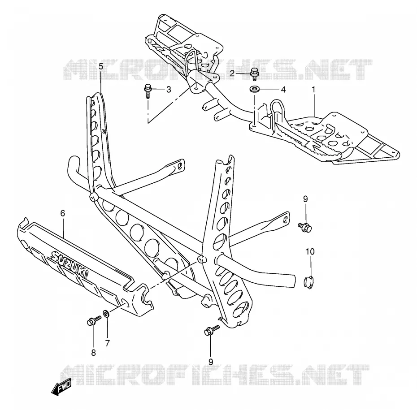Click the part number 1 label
(313, 90)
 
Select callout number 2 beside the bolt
(232, 73)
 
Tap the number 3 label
(169, 90)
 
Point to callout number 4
(283, 90)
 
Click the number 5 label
(101, 66)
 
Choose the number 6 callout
(63, 213)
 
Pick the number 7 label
(108, 344)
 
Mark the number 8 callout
(93, 353)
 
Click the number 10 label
(310, 251)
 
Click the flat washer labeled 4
(255, 89)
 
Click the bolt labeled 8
(94, 321)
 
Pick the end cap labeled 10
(309, 282)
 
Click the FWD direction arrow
(61, 386)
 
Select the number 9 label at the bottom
(211, 362)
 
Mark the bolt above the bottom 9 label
(212, 330)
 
